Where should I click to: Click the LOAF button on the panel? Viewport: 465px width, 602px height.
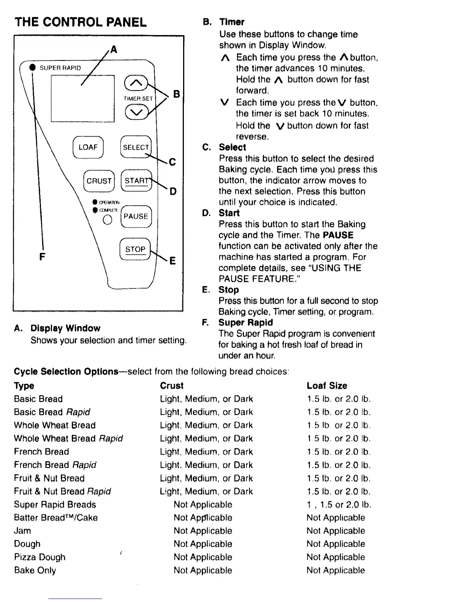88,147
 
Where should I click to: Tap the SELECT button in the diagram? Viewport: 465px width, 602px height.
136,147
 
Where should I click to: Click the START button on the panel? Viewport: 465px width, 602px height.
136,181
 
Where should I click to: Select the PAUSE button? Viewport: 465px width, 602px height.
136,216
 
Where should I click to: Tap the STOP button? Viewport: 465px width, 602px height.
135,249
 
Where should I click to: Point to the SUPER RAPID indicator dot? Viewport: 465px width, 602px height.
33,68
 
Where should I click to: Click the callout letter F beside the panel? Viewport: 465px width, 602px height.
42,257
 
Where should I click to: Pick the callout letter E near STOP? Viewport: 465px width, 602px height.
172,261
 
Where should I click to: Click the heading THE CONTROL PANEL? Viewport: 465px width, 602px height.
80,22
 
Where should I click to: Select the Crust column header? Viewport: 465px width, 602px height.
172,386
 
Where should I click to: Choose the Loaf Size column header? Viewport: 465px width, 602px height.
327,386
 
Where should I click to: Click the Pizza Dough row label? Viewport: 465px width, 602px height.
40,557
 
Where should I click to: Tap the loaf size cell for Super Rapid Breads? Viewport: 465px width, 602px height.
339,505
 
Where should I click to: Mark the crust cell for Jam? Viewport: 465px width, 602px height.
203,531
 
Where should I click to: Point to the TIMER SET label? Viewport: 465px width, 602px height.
138,98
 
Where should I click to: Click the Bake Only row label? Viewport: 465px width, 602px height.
35,570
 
